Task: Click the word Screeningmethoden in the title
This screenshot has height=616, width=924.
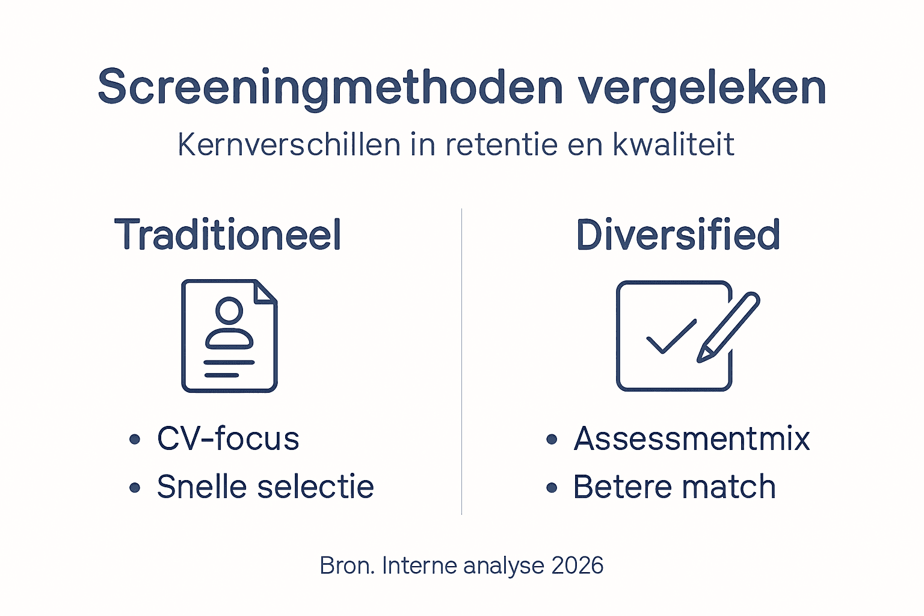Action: [330, 88]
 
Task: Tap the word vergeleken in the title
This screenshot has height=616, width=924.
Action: [702, 88]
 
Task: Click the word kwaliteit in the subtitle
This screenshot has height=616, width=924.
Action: [673, 145]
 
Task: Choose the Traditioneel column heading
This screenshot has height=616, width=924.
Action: [228, 235]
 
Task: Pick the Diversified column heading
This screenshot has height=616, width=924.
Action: [678, 235]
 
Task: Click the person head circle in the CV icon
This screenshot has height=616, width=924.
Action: [229, 311]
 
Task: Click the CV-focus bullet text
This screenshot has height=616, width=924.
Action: [228, 439]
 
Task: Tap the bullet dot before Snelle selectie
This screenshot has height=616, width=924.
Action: [135, 487]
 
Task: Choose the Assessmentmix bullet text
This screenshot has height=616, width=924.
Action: [692, 439]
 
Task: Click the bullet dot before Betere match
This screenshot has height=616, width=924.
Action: [552, 487]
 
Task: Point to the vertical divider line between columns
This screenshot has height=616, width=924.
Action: [461, 361]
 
